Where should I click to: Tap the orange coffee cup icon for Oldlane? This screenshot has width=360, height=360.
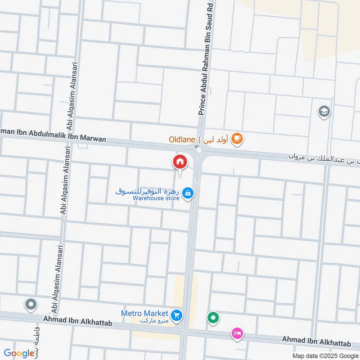237,140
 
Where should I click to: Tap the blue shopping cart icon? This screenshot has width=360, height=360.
177,315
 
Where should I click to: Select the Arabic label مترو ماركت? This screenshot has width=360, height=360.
153,321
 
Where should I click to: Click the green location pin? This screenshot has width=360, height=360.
213,318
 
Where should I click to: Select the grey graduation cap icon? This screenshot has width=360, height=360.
323,111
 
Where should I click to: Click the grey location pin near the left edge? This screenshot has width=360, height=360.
31,305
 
